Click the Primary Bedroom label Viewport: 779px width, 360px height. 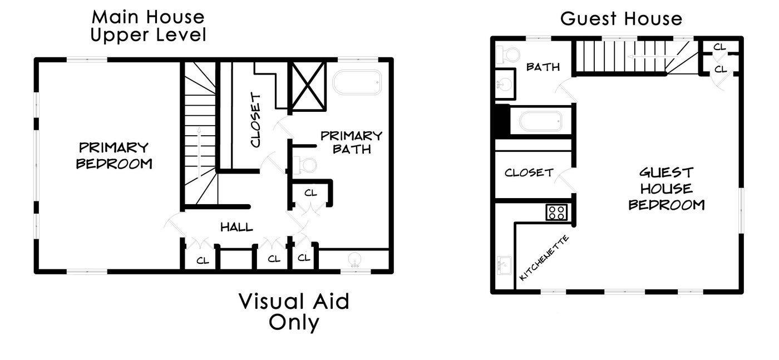click(x=114, y=155)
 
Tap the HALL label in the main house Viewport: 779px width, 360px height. click(x=236, y=227)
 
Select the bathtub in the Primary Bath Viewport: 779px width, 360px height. click(x=357, y=82)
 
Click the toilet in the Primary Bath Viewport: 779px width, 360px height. click(x=305, y=165)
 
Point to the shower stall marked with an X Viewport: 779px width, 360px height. click(x=308, y=86)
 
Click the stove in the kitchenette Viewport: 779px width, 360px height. click(x=556, y=212)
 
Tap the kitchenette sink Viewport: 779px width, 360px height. click(x=503, y=265)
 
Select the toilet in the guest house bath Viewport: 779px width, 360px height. click(x=507, y=55)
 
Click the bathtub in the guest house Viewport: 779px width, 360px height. click(x=540, y=121)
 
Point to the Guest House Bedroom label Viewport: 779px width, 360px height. click(x=667, y=189)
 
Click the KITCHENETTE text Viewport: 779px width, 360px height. click(x=544, y=258)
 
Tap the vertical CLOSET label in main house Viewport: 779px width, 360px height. click(x=255, y=120)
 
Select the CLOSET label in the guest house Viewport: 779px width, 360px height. click(x=529, y=172)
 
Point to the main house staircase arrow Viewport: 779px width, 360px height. click(x=199, y=152)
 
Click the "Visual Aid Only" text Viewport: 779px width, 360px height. click(x=294, y=312)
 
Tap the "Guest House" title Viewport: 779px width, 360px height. click(x=621, y=18)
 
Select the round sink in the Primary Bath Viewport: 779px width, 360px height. click(x=355, y=260)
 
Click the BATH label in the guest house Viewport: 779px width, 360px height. click(x=543, y=67)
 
